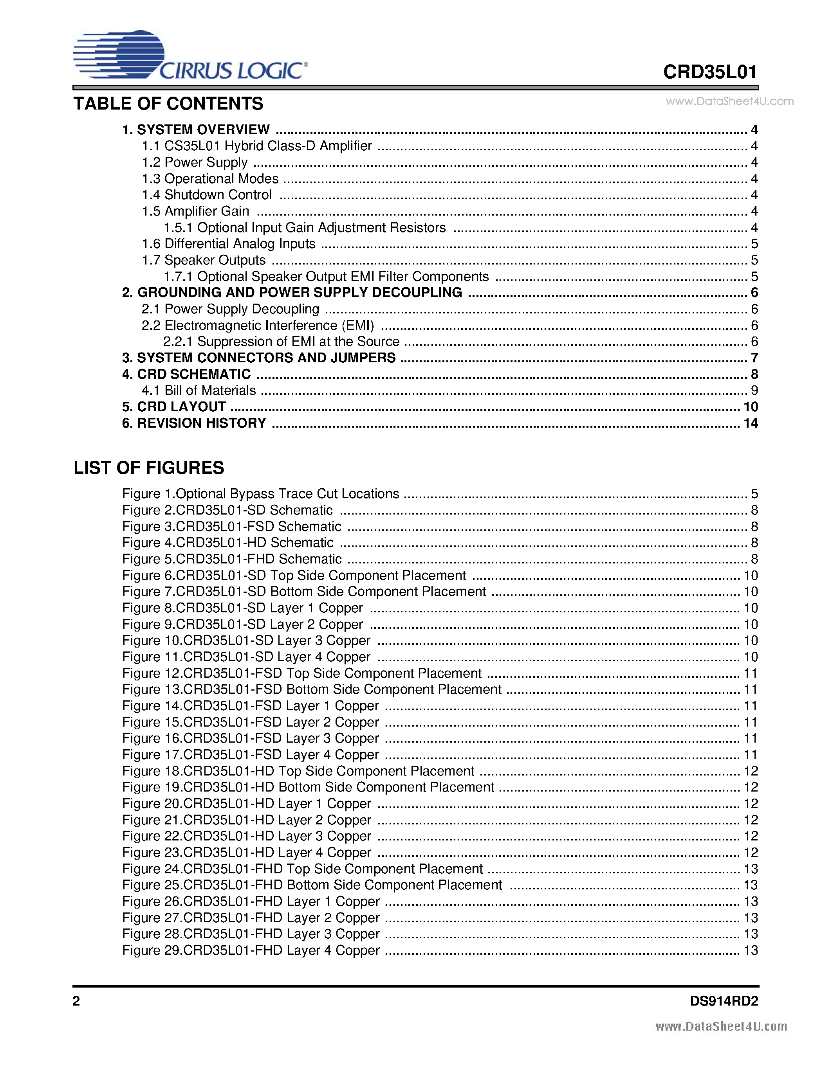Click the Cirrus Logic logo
pyautogui.click(x=190, y=55)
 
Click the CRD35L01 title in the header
pyautogui.click(x=709, y=72)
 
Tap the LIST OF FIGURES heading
pyautogui.click(x=148, y=468)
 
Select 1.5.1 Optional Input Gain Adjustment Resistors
pyautogui.click(x=304, y=228)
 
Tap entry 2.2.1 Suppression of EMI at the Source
pyautogui.click(x=281, y=342)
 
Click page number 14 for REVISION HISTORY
pyautogui.click(x=750, y=423)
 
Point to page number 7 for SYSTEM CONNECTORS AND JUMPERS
pyautogui.click(x=754, y=358)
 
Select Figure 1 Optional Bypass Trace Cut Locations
pyautogui.click(x=260, y=494)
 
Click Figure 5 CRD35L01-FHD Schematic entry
pyautogui.click(x=232, y=559)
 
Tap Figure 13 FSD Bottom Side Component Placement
pyautogui.click(x=312, y=689)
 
